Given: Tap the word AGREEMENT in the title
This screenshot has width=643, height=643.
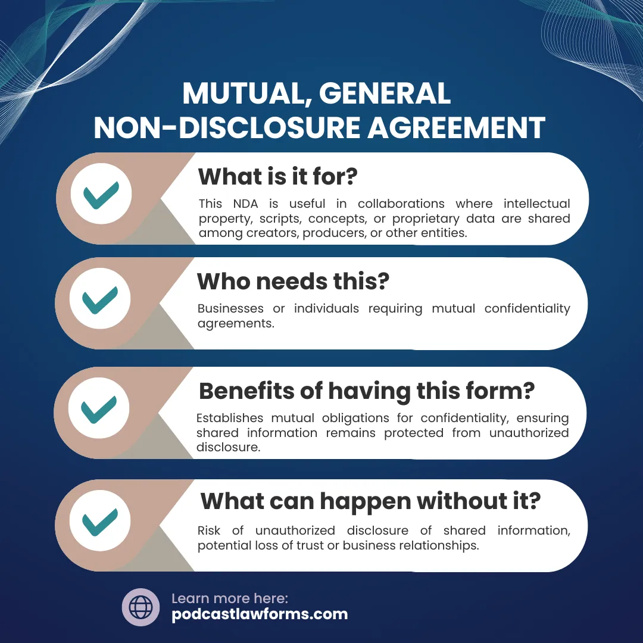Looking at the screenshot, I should pos(456,127).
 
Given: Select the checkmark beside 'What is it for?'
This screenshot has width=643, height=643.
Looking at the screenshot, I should pos(101,195).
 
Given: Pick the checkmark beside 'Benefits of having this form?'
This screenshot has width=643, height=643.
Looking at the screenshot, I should pos(99,410).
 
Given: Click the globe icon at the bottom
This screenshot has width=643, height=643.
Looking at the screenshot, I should pos(141,607).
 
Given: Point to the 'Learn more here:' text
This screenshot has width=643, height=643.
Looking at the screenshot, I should pos(230,598).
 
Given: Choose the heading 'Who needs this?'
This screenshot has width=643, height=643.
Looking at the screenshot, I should pos(293,281).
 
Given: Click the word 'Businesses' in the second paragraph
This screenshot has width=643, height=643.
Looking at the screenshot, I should pos(230,308).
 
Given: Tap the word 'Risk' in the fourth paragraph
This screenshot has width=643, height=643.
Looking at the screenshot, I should pos(210,530).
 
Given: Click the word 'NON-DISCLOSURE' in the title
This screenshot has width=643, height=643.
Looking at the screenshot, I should pos(225,127).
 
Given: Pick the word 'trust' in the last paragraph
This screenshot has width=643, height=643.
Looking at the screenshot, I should pos(308,545).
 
